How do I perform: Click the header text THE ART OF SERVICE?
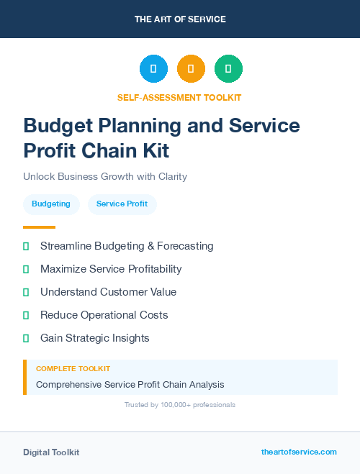click(x=180, y=19)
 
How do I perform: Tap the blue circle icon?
click(x=153, y=69)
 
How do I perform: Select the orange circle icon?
click(x=191, y=69)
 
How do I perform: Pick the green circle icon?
click(x=228, y=69)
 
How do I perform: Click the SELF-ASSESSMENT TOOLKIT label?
click(x=180, y=97)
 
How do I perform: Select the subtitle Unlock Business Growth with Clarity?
click(x=105, y=176)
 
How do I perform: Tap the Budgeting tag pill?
click(x=51, y=204)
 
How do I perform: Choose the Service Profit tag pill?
click(x=122, y=204)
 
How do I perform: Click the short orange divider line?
click(x=39, y=227)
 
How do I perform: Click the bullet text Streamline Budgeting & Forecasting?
click(x=127, y=246)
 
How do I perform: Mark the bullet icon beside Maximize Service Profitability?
click(x=26, y=269)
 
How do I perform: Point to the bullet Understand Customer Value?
click(x=108, y=292)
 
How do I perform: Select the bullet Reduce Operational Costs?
click(x=104, y=315)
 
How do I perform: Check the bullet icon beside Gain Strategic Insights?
click(x=26, y=338)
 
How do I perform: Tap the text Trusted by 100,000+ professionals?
click(x=180, y=405)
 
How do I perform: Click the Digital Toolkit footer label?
click(x=51, y=452)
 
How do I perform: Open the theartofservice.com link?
click(x=299, y=452)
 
